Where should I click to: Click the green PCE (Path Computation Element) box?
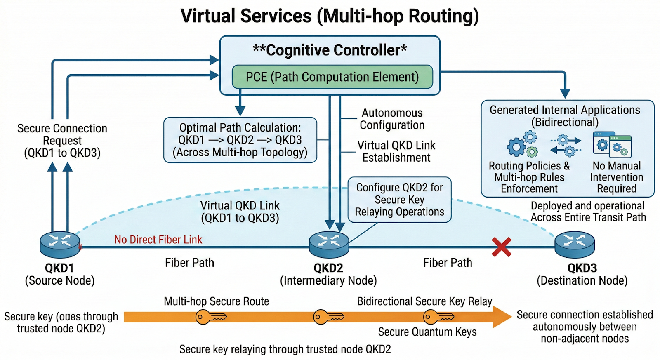[x=332, y=77]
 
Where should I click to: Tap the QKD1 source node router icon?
[x=60, y=245]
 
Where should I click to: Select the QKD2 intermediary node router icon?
[x=329, y=245]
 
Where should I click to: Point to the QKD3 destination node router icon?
[x=574, y=245]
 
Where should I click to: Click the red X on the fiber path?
[x=501, y=247]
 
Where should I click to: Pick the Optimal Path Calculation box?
[x=240, y=140]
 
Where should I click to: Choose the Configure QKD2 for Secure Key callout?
[x=399, y=200]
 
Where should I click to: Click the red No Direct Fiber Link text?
[x=158, y=240]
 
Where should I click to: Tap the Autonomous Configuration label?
[x=392, y=119]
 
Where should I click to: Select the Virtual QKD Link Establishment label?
[x=396, y=151]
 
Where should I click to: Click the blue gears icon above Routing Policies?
[x=522, y=144]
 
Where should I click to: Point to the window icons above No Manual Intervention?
[x=612, y=144]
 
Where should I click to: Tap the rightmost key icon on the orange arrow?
[x=438, y=317]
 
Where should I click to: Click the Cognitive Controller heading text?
[x=330, y=50]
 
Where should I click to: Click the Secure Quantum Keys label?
[x=427, y=332]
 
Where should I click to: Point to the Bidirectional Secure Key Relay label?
[x=424, y=301]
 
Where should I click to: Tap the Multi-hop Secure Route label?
[x=216, y=301]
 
